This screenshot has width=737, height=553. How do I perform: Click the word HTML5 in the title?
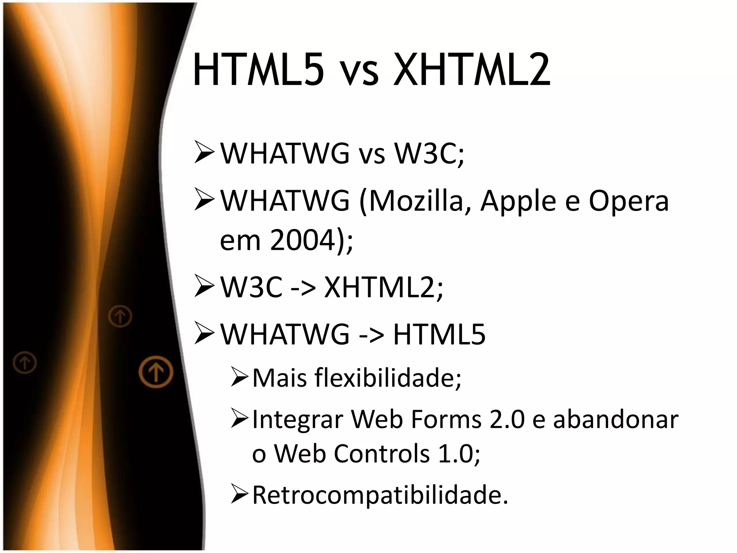coord(258,70)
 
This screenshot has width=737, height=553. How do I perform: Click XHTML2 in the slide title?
coord(472,70)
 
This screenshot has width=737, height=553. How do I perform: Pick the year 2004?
coord(303,241)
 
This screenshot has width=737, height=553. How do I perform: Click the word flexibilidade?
coord(385,378)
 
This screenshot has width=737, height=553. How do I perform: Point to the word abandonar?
coord(615,420)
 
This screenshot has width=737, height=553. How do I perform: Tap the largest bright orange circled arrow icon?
coord(156,372)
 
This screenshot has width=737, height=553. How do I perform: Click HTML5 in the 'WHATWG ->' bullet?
coord(439,334)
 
